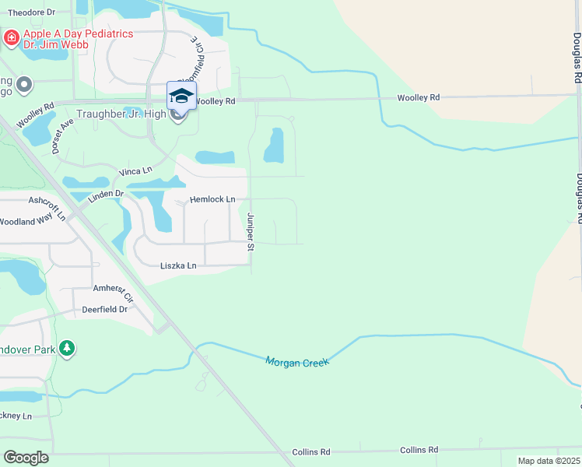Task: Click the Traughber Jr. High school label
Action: click(x=121, y=114)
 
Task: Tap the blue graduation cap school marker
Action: click(x=181, y=96)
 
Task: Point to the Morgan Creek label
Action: click(x=297, y=362)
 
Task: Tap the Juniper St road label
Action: click(x=251, y=232)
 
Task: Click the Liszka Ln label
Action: click(x=178, y=266)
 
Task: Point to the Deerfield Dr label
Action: click(x=104, y=309)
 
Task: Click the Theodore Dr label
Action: click(x=31, y=12)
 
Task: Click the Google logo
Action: click(x=26, y=457)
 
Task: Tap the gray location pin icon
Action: click(x=25, y=84)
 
